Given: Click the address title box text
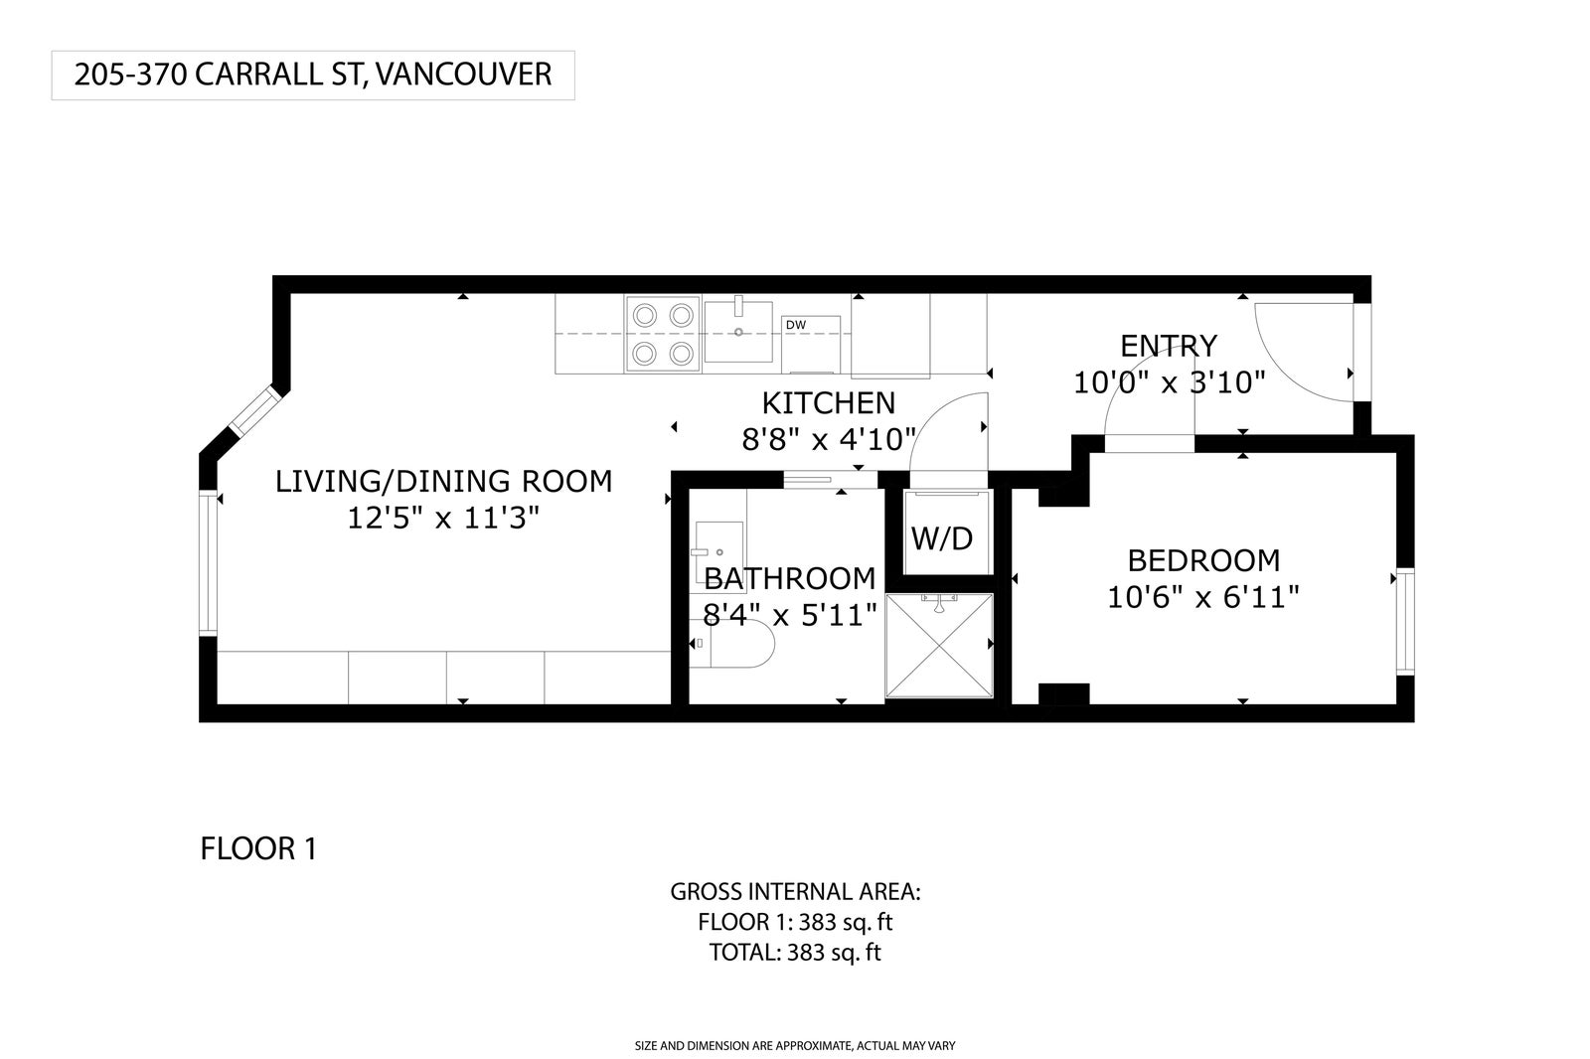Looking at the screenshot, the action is (x=313, y=75).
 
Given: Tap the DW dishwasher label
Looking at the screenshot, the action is (x=796, y=325).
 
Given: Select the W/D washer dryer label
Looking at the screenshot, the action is (x=942, y=539).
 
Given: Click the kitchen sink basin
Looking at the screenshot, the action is (x=738, y=332).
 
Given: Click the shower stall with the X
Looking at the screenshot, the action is (x=938, y=645).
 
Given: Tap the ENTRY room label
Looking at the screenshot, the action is (x=1169, y=347).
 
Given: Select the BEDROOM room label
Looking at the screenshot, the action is (x=1203, y=560).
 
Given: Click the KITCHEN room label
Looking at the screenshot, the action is (x=829, y=403).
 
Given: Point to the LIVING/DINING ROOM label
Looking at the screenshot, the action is (x=443, y=481).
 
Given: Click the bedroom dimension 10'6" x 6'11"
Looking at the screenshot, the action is (x=1203, y=598).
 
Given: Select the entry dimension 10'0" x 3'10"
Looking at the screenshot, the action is (x=1169, y=383).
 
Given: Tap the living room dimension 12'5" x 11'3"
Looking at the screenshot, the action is (x=443, y=519).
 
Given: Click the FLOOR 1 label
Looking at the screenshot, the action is (x=258, y=849).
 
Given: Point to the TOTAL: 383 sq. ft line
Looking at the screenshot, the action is (x=795, y=953).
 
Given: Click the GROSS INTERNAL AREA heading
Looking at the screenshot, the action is (x=795, y=892).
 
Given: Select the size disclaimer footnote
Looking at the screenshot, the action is (x=795, y=1045).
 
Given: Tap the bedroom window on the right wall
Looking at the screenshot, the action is (x=1405, y=622).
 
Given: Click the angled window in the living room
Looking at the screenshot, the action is (x=254, y=411).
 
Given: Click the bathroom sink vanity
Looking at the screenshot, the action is (x=718, y=551).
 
